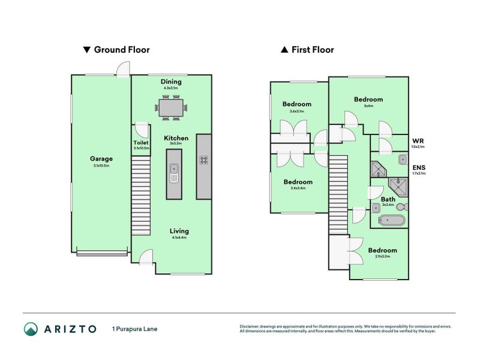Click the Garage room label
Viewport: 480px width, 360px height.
pyautogui.click(x=101, y=159)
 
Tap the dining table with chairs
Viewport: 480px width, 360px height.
pyautogui.click(x=172, y=107)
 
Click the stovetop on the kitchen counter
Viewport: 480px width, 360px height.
pyautogui.click(x=203, y=160)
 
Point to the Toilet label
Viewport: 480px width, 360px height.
pyautogui.click(x=140, y=143)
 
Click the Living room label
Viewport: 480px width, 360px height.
pyautogui.click(x=179, y=231)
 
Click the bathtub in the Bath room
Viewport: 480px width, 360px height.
pyautogui.click(x=391, y=221)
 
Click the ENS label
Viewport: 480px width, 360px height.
pyautogui.click(x=418, y=167)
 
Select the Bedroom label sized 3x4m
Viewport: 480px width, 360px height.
pyautogui.click(x=368, y=100)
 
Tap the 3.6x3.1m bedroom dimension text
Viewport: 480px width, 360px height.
pyautogui.click(x=297, y=111)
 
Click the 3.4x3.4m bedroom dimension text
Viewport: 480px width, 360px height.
pyautogui.click(x=298, y=188)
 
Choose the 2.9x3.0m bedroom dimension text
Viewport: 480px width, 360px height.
pyautogui.click(x=382, y=257)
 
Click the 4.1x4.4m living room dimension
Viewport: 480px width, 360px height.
pyautogui.click(x=179, y=238)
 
